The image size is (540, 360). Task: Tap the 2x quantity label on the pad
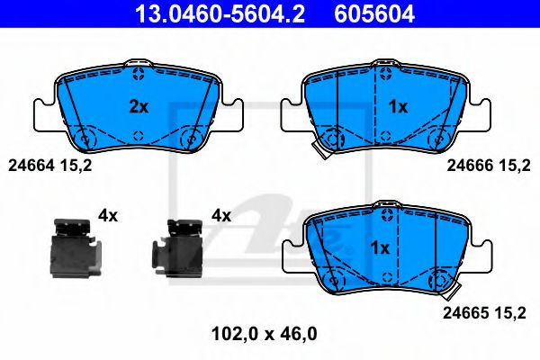pyautogui.click(x=138, y=106)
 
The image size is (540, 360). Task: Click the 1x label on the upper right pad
pyautogui.click(x=397, y=106)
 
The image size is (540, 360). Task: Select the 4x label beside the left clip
pyautogui.click(x=108, y=215)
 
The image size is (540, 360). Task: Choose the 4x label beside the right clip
pyautogui.click(x=220, y=215)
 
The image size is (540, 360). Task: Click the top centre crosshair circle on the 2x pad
pyautogui.click(x=138, y=74)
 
